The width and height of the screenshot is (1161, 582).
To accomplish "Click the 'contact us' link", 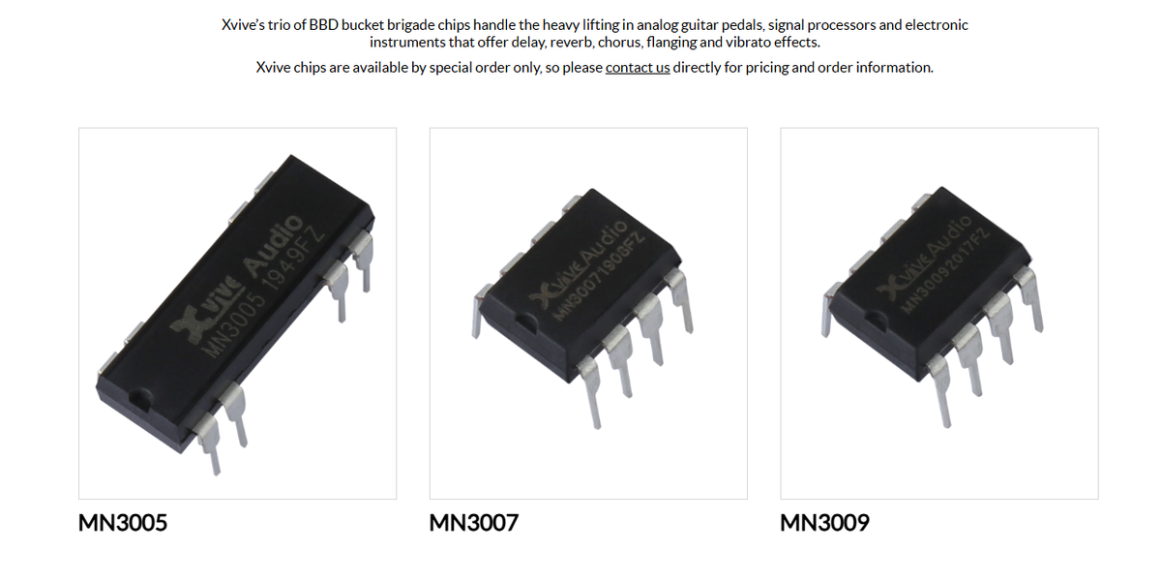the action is click(x=638, y=68).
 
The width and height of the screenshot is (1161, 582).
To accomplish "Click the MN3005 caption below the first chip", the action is click(x=123, y=523).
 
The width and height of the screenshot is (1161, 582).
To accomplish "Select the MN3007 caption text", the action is click(x=474, y=523).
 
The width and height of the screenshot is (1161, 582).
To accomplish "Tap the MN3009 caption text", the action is click(x=825, y=523).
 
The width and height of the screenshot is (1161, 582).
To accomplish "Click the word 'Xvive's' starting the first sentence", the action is click(x=245, y=25).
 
